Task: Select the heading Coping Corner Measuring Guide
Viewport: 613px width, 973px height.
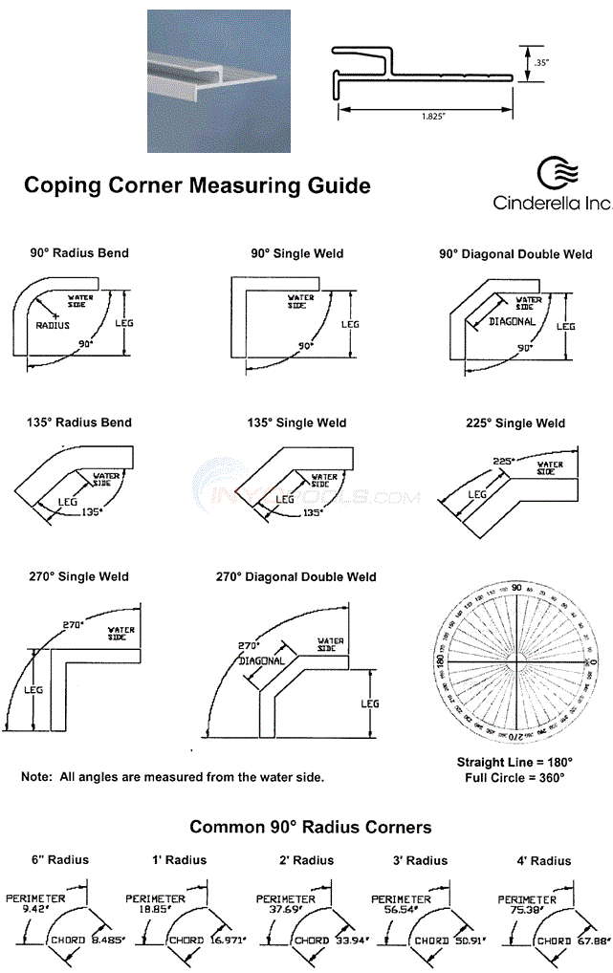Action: coord(197,184)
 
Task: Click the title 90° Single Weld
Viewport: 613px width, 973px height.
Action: coord(296,253)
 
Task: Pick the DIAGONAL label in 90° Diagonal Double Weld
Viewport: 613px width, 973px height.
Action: coord(512,322)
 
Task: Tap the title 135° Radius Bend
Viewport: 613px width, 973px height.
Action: coord(79,422)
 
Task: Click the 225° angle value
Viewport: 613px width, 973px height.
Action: coord(503,460)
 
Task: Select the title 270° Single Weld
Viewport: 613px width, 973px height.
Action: coord(79,577)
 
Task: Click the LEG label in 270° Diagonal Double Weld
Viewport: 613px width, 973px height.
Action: coord(369,704)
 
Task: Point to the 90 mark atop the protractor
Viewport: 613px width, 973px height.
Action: coord(516,588)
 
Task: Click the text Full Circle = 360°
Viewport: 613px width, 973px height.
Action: coord(515,778)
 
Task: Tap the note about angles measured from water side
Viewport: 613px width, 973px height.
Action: coord(172,777)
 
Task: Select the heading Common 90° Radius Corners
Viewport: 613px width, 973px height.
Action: coord(310,827)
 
